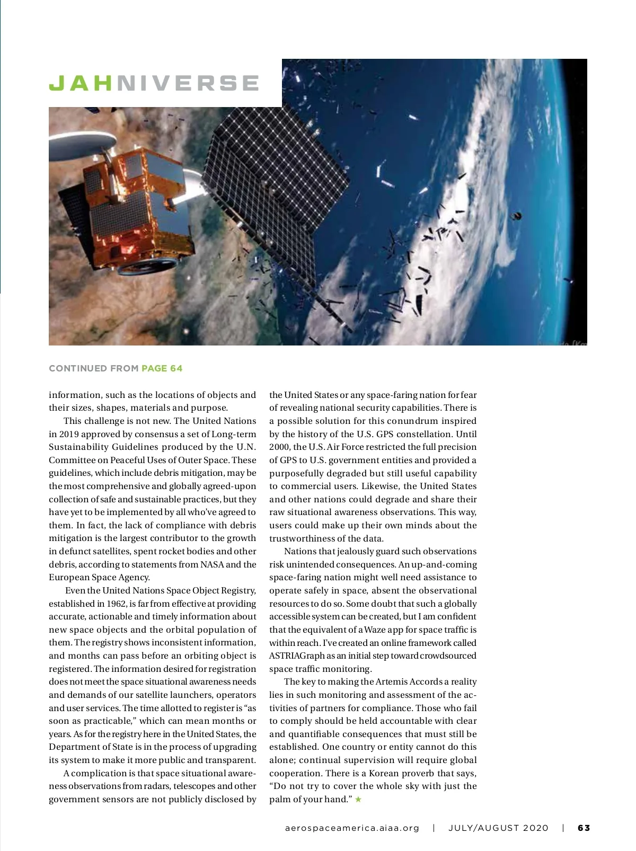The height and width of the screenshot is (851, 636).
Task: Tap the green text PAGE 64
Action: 162,368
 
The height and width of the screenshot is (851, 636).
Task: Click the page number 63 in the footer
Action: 584,828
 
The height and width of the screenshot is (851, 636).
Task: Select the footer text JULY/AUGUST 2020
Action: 498,828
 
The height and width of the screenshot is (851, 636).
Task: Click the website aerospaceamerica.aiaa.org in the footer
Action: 352,828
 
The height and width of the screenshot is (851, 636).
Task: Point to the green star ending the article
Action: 359,799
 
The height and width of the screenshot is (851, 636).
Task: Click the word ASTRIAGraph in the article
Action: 297,655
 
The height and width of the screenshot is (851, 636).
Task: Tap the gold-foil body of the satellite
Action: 132,212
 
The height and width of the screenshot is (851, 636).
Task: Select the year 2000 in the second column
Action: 279,447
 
